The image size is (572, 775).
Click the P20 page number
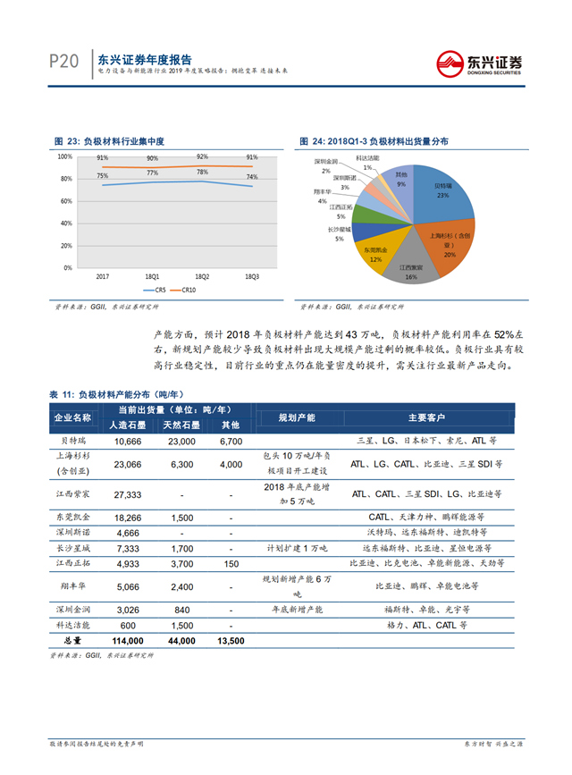tap(64, 61)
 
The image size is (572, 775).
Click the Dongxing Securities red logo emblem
tap(448, 62)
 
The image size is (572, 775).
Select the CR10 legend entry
tap(184, 290)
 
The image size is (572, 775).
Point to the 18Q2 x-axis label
tap(202, 277)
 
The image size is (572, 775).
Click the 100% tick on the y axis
tap(65, 156)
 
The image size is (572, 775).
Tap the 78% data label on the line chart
tap(203, 172)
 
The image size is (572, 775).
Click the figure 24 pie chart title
tap(375, 141)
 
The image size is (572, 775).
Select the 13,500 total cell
tap(231, 641)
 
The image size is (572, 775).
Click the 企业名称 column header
tap(72, 417)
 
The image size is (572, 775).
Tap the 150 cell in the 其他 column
tap(231, 563)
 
